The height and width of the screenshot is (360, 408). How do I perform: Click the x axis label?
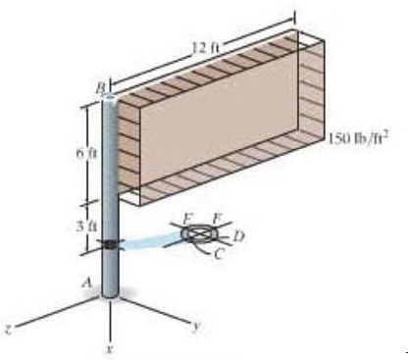pos(111,347)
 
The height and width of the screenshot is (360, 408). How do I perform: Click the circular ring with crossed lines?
pos(200,234)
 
